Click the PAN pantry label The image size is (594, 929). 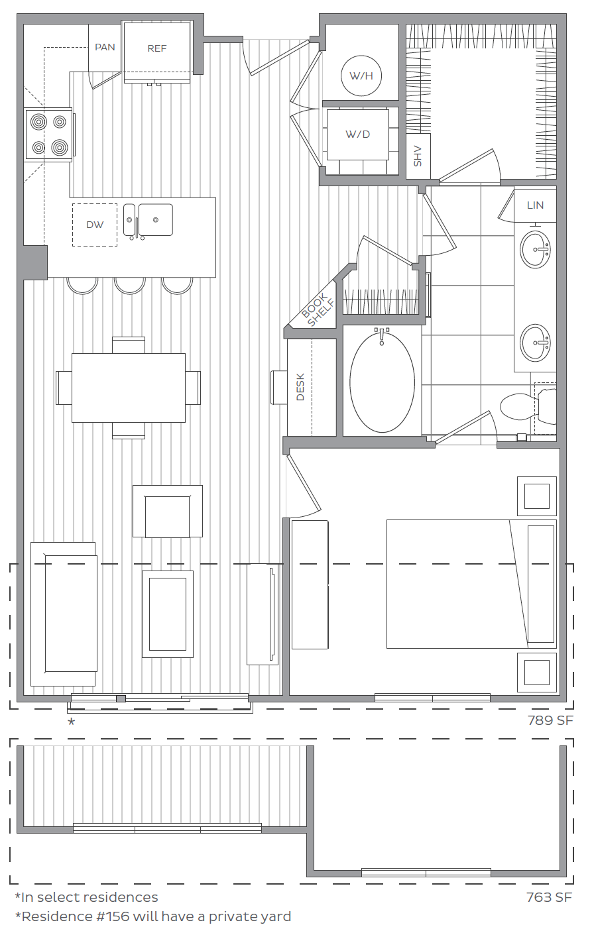[x=105, y=47]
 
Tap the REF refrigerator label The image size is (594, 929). [x=157, y=48]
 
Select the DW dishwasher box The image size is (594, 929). [x=95, y=225]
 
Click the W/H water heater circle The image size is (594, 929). [x=361, y=76]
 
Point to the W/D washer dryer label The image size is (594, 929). [x=358, y=135]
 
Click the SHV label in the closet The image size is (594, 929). [x=418, y=156]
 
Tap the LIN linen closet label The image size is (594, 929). [x=535, y=205]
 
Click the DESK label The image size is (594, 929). [x=300, y=387]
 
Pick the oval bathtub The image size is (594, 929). [x=382, y=382]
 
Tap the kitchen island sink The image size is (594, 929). [x=155, y=220]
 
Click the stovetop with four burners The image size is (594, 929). [x=49, y=135]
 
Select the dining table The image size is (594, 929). [x=129, y=388]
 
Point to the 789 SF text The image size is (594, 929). [x=550, y=720]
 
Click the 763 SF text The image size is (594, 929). [x=549, y=898]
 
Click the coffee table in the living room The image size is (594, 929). [x=168, y=614]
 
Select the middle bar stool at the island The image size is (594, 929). [x=130, y=285]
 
